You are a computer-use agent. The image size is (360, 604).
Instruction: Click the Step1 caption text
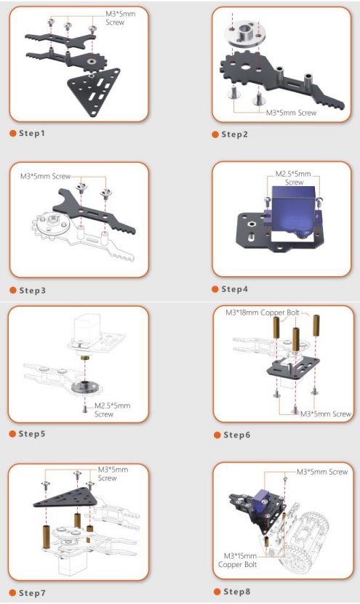[x=32, y=133]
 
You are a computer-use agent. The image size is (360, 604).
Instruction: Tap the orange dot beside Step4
[x=215, y=289]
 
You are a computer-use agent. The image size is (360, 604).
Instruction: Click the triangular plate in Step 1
[x=94, y=92]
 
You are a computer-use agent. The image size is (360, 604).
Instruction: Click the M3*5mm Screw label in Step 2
[x=291, y=113]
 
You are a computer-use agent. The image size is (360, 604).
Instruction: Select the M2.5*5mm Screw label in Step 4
[x=293, y=178]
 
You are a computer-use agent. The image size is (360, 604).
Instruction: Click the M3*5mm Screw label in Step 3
[x=46, y=177]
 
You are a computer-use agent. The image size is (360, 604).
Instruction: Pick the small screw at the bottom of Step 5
[x=85, y=408]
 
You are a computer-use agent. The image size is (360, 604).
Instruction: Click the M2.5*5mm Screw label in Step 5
[x=113, y=410]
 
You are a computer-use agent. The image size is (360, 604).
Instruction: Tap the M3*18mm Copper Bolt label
[x=262, y=312]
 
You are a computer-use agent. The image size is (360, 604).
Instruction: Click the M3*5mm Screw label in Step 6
[x=326, y=414]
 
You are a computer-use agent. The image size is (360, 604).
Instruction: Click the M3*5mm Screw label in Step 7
[x=113, y=474]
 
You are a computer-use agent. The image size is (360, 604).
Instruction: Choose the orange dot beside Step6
[x=217, y=435]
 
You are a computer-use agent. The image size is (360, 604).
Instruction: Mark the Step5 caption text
[x=32, y=434]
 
